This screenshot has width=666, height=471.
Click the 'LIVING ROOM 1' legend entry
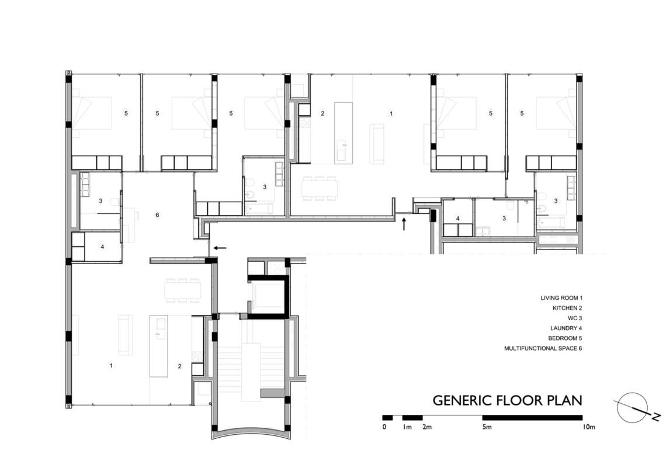(x=561, y=298)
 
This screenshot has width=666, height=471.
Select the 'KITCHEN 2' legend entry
(x=567, y=308)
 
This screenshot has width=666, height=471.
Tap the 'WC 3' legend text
(x=575, y=318)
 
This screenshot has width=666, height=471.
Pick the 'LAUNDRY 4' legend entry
(x=566, y=328)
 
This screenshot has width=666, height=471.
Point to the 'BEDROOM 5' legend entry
(x=565, y=338)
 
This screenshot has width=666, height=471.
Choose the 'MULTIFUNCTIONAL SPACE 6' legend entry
(x=543, y=349)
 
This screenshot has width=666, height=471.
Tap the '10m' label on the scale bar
(x=589, y=427)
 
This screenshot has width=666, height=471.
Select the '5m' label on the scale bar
(x=487, y=427)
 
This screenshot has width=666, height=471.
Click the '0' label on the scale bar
(x=384, y=427)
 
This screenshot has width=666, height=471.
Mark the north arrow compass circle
(x=632, y=408)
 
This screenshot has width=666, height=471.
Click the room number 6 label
(x=157, y=215)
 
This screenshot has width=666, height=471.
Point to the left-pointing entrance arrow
(x=220, y=248)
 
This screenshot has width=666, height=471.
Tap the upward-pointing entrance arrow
(x=404, y=223)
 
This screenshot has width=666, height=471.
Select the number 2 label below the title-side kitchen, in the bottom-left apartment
(x=180, y=366)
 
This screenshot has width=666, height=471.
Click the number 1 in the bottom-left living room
(x=111, y=365)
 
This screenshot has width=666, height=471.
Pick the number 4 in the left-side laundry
(x=102, y=247)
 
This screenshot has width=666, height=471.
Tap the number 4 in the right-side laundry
(x=458, y=219)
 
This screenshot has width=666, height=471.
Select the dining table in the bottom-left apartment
(x=183, y=290)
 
